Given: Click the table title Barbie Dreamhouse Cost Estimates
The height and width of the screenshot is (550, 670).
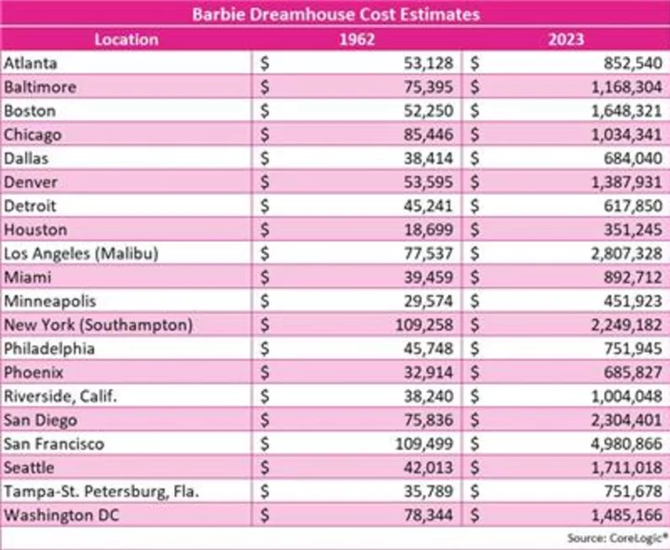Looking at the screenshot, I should coord(335,14).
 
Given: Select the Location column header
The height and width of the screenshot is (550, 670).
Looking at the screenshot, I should coord(127,39).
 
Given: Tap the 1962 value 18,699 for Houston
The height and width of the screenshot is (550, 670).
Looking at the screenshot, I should coord(430,229).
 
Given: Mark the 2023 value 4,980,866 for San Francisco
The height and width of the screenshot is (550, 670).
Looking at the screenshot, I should coord(623,444).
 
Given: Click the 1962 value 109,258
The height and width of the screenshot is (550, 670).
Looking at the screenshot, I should coord(426,325).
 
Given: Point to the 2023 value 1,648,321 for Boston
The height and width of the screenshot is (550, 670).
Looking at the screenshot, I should coord(623,111).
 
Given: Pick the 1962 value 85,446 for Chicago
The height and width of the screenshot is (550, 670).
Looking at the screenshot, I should coord(430,135).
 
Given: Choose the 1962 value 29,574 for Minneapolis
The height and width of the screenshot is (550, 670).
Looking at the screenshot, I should coord(430,301).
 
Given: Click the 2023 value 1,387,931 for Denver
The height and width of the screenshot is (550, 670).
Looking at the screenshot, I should coord(623,181).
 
